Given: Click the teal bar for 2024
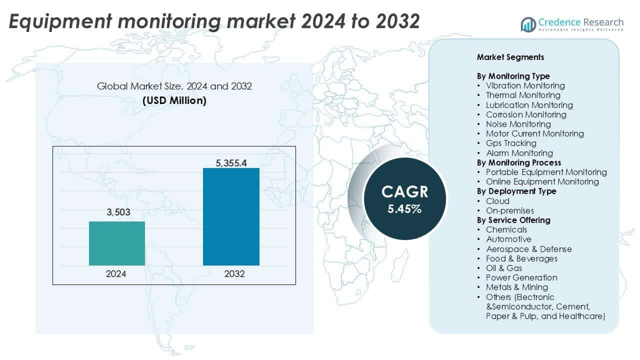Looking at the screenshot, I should [117, 243].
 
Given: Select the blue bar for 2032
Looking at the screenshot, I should [231, 216].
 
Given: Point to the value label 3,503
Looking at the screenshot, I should [118, 212].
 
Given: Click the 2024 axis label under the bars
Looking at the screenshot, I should [116, 274].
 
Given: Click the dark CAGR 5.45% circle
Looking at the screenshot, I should [404, 199].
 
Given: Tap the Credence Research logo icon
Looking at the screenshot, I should [528, 23].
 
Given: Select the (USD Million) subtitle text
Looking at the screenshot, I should [174, 100].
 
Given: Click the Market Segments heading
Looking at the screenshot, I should [510, 57].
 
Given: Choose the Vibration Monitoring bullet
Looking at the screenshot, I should [525, 85].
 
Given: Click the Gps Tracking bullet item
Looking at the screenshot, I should [511, 143].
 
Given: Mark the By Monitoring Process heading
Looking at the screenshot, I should [518, 162].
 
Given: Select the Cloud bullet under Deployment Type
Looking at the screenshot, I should [497, 201].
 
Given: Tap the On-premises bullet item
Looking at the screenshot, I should [509, 210].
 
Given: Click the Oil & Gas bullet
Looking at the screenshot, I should [504, 268].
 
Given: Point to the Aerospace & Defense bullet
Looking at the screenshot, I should [528, 249].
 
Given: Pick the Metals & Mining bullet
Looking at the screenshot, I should [516, 287].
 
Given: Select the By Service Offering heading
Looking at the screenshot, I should [513, 220].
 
